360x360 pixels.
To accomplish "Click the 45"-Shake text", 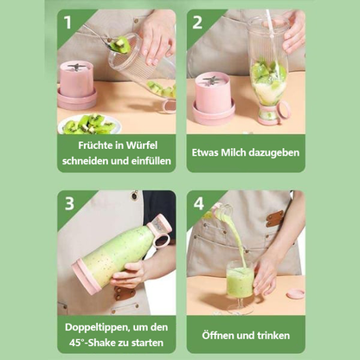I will pyautogui.click(x=92, y=342).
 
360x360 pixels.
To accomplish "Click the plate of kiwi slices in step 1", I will pyautogui.click(x=88, y=124).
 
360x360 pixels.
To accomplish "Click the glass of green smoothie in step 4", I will pyautogui.click(x=240, y=284).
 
